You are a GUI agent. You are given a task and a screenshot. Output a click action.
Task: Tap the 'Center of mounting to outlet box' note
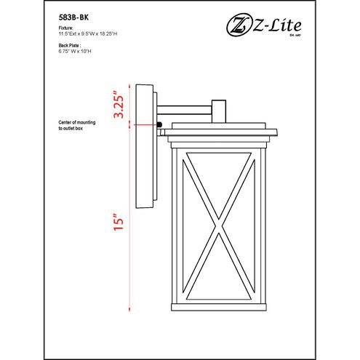tap(79, 127)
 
